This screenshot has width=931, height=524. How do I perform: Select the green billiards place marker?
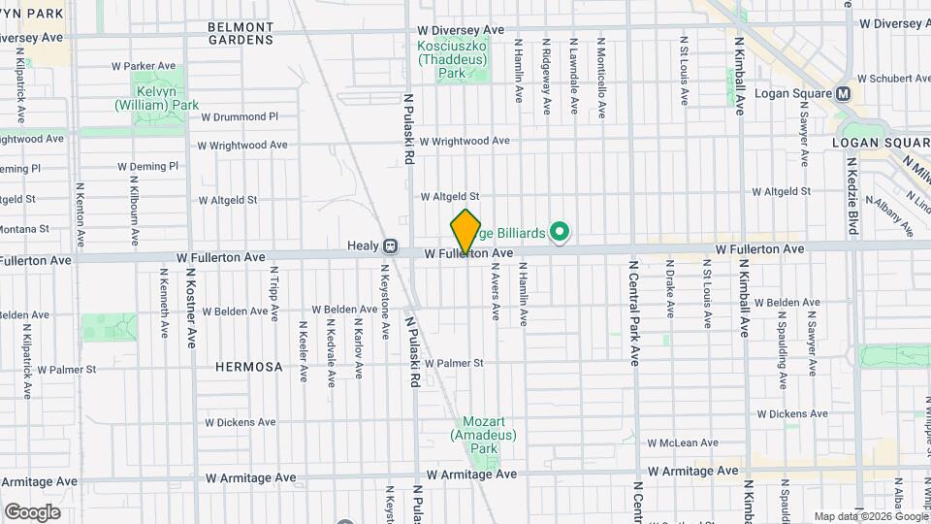coord(559,232)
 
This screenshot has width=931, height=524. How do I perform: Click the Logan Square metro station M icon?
coord(843,94)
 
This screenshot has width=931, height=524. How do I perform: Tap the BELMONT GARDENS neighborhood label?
coord(241,32)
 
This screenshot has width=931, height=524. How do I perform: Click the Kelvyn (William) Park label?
coord(157,97)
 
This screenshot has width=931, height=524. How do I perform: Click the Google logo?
coord(32,512)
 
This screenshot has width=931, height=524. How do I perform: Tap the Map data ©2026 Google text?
coord(870,516)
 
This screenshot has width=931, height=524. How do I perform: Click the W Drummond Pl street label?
coord(239,116)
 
